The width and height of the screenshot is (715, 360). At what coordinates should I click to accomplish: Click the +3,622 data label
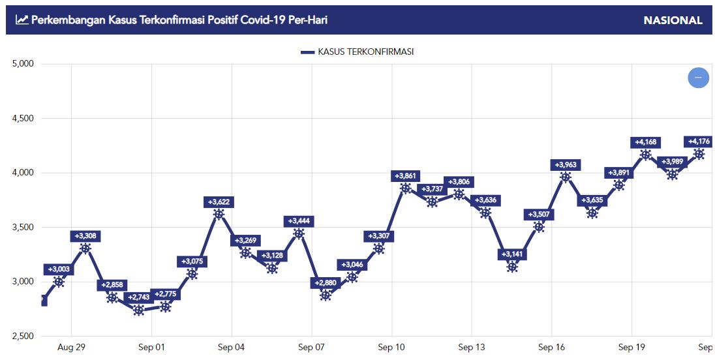(x=219, y=202)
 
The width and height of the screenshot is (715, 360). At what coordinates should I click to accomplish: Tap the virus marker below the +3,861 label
(x=406, y=188)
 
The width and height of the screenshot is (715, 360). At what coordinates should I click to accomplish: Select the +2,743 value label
(x=138, y=297)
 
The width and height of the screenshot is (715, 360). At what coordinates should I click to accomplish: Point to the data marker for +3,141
(x=512, y=267)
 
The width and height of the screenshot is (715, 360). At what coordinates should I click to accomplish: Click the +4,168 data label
(x=645, y=143)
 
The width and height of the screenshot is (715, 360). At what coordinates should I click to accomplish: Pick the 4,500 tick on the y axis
(x=22, y=119)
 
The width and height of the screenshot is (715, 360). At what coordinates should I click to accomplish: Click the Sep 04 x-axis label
(x=232, y=348)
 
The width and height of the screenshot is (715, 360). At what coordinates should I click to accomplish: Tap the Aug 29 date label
(x=72, y=348)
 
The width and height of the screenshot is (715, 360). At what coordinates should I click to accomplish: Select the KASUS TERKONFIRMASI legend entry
(x=357, y=52)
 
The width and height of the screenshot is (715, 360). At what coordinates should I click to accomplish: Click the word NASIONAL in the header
(x=673, y=20)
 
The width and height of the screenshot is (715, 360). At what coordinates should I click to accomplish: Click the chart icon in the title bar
(x=22, y=20)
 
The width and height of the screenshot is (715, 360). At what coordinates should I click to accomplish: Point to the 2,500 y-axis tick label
(x=22, y=337)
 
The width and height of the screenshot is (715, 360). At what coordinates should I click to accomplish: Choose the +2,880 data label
(x=326, y=283)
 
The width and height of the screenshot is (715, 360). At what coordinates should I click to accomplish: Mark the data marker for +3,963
(x=566, y=177)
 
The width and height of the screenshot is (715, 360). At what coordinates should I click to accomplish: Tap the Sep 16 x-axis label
(x=552, y=348)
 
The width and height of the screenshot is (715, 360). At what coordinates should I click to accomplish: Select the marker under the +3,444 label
(x=299, y=233)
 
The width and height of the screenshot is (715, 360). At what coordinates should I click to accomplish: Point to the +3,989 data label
(x=672, y=162)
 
